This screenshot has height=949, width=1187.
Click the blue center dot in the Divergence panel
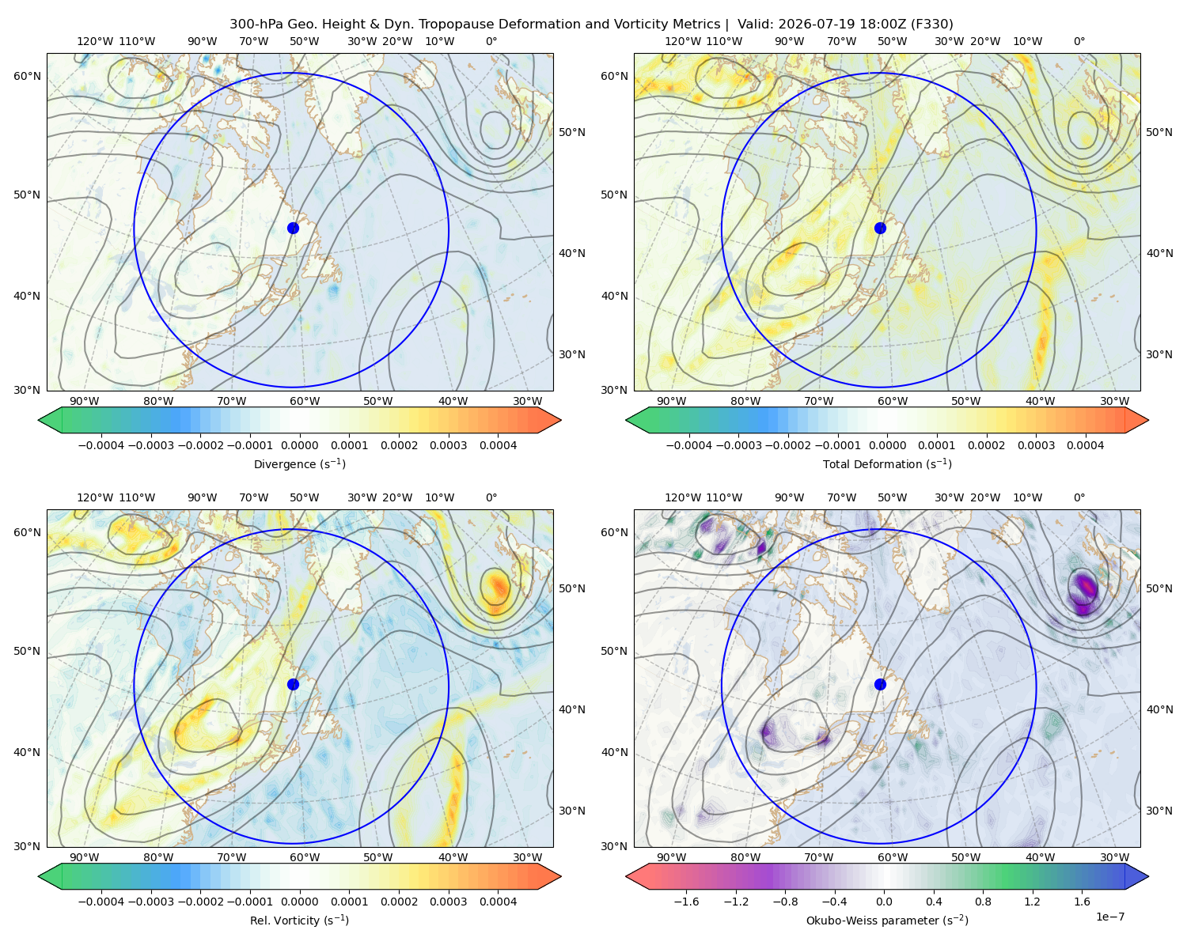[x=293, y=229]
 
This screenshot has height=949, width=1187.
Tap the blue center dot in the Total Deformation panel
[x=880, y=229]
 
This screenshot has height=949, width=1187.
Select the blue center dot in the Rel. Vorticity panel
[x=293, y=684]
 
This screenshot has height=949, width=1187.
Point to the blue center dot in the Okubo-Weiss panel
[x=880, y=684]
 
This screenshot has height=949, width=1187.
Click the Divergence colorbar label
[x=299, y=464]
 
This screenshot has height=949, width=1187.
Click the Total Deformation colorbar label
[x=887, y=464]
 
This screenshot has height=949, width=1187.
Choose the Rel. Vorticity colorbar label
[x=299, y=921]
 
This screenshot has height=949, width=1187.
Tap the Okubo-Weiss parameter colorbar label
[x=887, y=921]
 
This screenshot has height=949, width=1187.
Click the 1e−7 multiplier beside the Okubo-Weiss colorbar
[x=1109, y=917]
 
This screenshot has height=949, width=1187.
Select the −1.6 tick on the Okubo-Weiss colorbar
[x=686, y=902]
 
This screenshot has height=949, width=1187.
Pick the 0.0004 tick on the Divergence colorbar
[x=498, y=445]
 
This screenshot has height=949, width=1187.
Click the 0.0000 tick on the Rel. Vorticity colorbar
[x=299, y=902]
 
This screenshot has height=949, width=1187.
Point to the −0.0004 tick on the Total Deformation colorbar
[x=689, y=445]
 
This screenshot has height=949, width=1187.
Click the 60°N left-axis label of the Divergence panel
[x=27, y=76]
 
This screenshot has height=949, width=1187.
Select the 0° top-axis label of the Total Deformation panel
[x=1079, y=41]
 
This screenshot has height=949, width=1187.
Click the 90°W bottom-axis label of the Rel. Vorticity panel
[x=85, y=857]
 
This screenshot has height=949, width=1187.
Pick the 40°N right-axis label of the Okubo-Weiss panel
[x=1159, y=709]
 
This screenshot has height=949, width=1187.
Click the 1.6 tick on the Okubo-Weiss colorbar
[x=1083, y=902]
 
